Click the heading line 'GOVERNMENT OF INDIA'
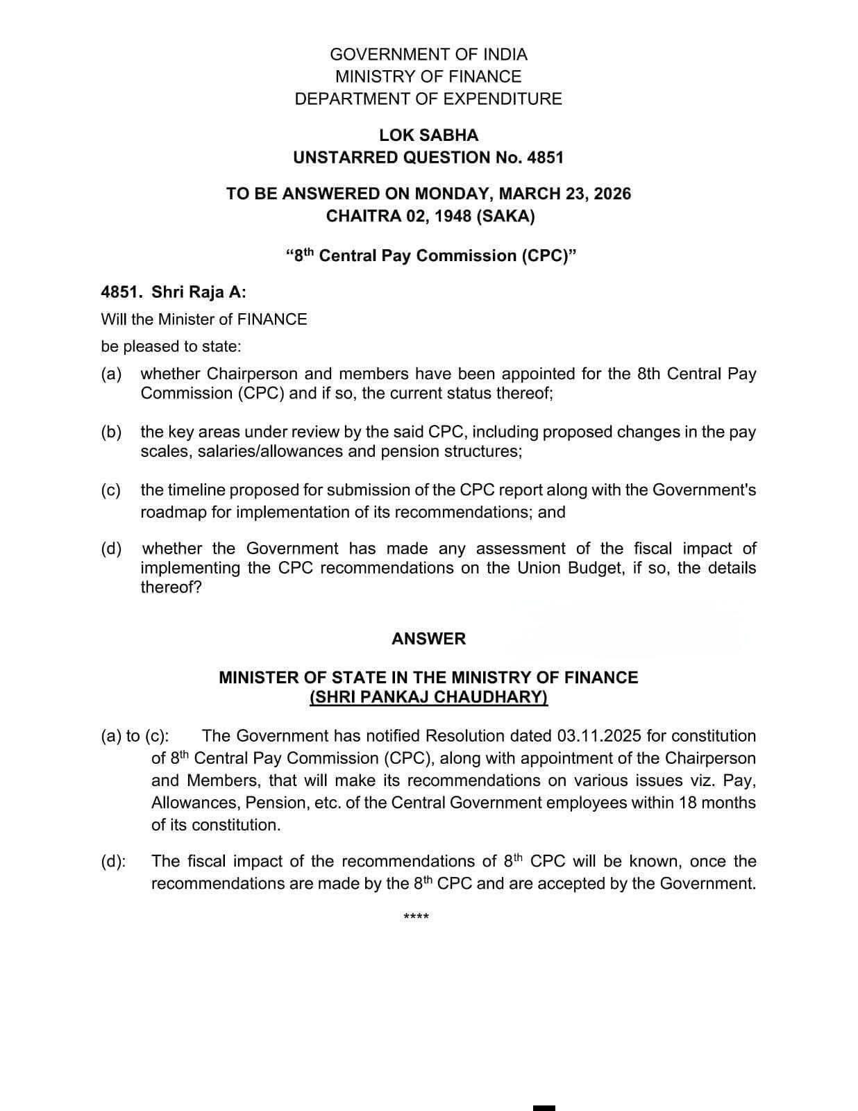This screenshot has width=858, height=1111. pyautogui.click(x=428, y=54)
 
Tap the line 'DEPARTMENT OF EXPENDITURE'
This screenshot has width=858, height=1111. pyautogui.click(x=428, y=99)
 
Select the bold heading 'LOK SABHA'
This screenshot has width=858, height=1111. pyautogui.click(x=428, y=135)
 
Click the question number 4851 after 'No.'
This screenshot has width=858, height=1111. pyautogui.click(x=545, y=158)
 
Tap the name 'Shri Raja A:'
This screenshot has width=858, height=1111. pyautogui.click(x=199, y=292)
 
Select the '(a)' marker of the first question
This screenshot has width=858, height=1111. pyautogui.click(x=111, y=374)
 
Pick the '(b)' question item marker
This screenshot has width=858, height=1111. pyautogui.click(x=111, y=432)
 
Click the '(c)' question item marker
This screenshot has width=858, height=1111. pyautogui.click(x=111, y=490)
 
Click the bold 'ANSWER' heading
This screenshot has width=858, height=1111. pyautogui.click(x=428, y=639)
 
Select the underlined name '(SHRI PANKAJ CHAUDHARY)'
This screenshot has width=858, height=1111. pyautogui.click(x=428, y=697)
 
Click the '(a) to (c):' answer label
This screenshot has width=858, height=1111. pyautogui.click(x=135, y=736)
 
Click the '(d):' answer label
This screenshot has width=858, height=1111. pyautogui.click(x=113, y=862)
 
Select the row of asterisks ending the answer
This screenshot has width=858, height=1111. pyautogui.click(x=416, y=917)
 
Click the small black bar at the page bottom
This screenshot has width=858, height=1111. pyautogui.click(x=544, y=1107)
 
